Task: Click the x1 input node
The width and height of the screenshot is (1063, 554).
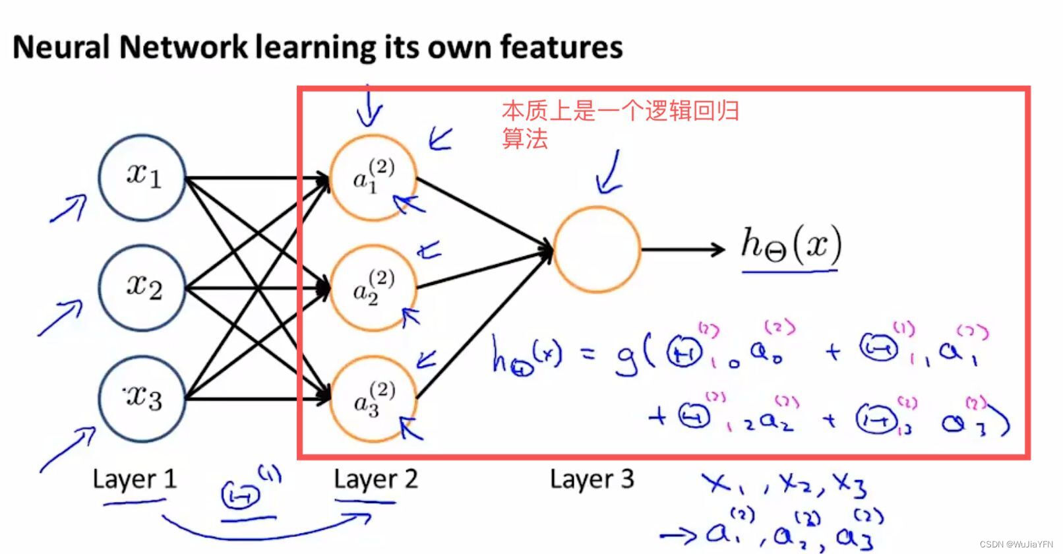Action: click(x=142, y=177)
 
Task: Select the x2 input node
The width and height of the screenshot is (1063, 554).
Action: click(x=142, y=288)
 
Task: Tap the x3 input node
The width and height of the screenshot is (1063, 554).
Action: click(x=142, y=398)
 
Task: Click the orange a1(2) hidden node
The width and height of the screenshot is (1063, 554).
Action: click(x=373, y=177)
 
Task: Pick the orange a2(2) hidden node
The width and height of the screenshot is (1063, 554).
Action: click(x=373, y=288)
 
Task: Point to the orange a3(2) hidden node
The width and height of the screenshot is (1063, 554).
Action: click(x=373, y=398)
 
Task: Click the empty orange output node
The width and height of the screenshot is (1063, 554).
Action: click(x=597, y=249)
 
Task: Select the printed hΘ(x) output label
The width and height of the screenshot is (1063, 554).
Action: click(x=791, y=245)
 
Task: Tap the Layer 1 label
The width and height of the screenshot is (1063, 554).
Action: click(x=135, y=479)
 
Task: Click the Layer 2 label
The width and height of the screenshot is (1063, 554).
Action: click(x=375, y=479)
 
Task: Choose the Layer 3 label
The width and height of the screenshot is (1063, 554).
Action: click(x=592, y=479)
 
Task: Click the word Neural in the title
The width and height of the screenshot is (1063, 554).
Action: click(x=61, y=47)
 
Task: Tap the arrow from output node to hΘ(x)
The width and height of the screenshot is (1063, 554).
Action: click(x=683, y=249)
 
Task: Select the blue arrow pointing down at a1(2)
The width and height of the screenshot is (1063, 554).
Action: click(x=369, y=107)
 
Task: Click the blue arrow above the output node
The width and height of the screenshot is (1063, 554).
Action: click(x=609, y=173)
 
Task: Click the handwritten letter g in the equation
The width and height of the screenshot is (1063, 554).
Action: click(x=625, y=357)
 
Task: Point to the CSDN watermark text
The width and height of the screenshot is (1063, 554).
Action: click(x=1016, y=544)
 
